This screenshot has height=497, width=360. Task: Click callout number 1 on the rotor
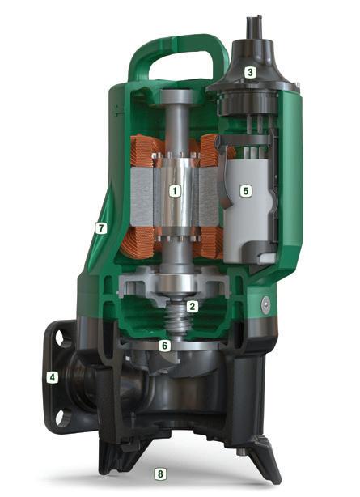tap(175, 191)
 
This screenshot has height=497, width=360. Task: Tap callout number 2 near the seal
tap(193, 306)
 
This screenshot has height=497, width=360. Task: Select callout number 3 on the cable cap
tap(250, 72)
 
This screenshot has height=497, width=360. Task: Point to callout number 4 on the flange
tap(53, 377)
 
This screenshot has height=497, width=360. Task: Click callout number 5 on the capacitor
tap(246, 191)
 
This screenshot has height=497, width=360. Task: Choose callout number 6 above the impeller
tap(164, 345)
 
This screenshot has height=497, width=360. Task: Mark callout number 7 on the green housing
tap(101, 227)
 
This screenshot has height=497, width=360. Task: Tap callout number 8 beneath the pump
tap(160, 474)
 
